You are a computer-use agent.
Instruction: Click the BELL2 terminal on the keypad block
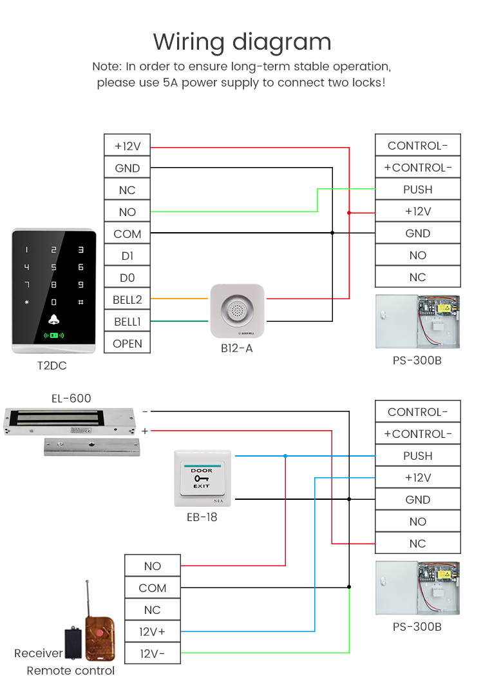pyautogui.click(x=127, y=299)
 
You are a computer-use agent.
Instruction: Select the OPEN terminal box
pyautogui.click(x=127, y=343)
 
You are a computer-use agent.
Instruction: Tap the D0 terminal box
pyautogui.click(x=127, y=277)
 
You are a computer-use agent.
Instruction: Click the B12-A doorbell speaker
pyautogui.click(x=237, y=311)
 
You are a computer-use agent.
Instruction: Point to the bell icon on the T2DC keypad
pyautogui.click(x=53, y=320)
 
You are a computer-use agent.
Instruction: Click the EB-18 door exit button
pyautogui.click(x=202, y=478)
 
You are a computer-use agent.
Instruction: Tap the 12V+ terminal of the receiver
pyautogui.click(x=153, y=631)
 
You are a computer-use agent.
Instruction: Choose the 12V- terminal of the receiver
pyautogui.click(x=153, y=653)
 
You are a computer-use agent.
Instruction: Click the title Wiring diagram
pyautogui.click(x=241, y=42)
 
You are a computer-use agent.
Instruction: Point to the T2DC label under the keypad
pyautogui.click(x=52, y=366)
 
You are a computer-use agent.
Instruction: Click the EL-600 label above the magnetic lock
pyautogui.click(x=71, y=399)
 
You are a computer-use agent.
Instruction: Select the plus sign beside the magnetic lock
pyautogui.click(x=145, y=430)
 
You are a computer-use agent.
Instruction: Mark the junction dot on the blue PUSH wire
pyautogui.click(x=285, y=456)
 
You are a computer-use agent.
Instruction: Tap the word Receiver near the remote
pyautogui.click(x=39, y=653)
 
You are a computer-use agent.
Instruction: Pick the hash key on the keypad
pyautogui.click(x=80, y=302)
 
